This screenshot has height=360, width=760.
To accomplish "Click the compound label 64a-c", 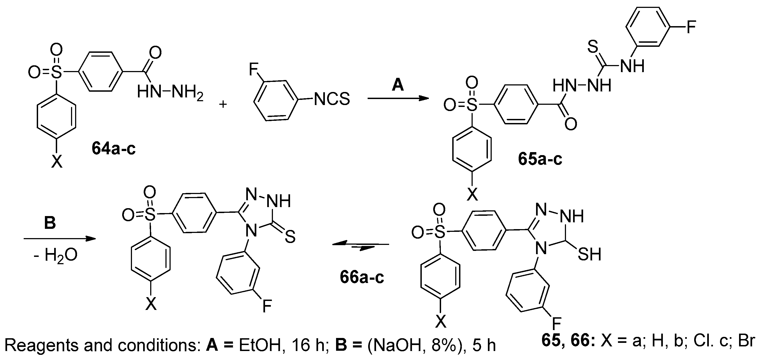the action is point(113,148).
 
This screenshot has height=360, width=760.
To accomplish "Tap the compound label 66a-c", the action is point(362,277).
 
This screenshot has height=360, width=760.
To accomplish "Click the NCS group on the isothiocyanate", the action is point(332,99).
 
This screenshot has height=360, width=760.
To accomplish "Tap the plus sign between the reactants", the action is point(223,104).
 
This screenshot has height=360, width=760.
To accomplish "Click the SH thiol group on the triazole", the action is point(589,254).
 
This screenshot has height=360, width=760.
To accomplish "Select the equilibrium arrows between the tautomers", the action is point(361,246).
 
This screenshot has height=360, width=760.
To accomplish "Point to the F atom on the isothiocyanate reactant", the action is point(253,70).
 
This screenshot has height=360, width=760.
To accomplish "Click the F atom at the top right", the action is point(691,27).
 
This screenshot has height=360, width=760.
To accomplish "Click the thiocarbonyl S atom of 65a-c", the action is point(593,47).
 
